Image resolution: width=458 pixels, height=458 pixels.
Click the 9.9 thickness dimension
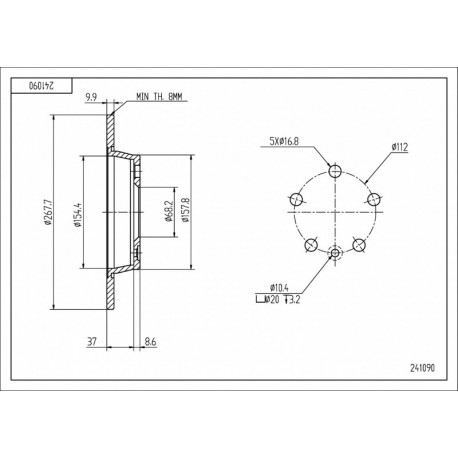(x=91, y=97)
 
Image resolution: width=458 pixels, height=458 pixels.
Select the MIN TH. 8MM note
(x=159, y=97)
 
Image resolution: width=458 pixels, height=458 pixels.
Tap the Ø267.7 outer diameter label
(x=47, y=212)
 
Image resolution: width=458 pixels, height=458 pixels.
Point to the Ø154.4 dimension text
(x=78, y=214)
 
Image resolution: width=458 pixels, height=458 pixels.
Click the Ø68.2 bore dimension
(x=168, y=211)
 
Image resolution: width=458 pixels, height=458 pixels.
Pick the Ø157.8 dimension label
(x=185, y=210)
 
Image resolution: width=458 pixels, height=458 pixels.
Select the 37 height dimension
(x=92, y=342)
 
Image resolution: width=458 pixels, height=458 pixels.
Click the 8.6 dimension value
(x=150, y=342)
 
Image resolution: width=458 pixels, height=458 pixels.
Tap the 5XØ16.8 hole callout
(x=284, y=141)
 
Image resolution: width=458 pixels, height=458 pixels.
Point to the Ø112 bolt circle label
(x=400, y=147)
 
